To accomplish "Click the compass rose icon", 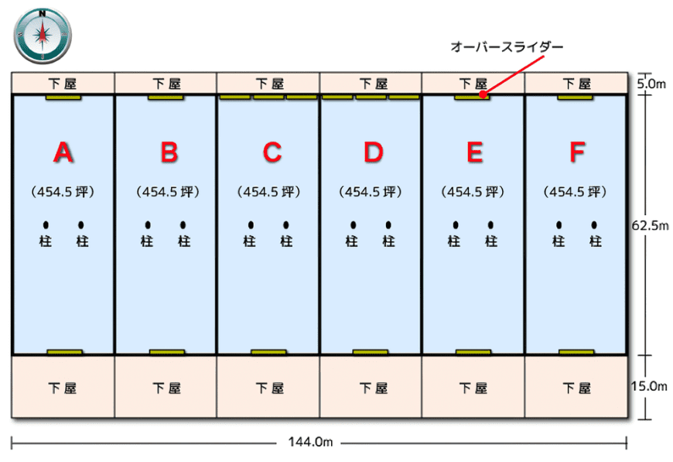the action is coord(43,35).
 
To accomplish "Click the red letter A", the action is coord(63,152).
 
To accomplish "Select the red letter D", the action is coord(374,152).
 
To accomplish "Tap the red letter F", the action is coord(577,152).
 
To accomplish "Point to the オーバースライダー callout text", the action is coord(507,46).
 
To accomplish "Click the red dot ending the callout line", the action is coord(483,94).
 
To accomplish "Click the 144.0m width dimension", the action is coord(310,442).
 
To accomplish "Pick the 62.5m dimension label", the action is coord(650,225).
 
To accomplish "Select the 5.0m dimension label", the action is coord(651,84).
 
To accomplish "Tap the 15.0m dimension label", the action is coord(649,386).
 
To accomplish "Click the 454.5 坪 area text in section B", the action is coord(168,191).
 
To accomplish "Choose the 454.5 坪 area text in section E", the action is coord(473,191).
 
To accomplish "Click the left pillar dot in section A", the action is coord(46,225).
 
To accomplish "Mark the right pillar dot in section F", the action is coord(594,225).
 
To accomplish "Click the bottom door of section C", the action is coord(268,353).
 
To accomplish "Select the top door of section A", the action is coord(63,98).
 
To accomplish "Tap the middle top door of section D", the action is coord(371,97).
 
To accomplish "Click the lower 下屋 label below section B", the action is coord(167,388).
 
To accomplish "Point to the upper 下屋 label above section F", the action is coord(577,84).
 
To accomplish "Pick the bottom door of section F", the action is coord(576,353).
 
